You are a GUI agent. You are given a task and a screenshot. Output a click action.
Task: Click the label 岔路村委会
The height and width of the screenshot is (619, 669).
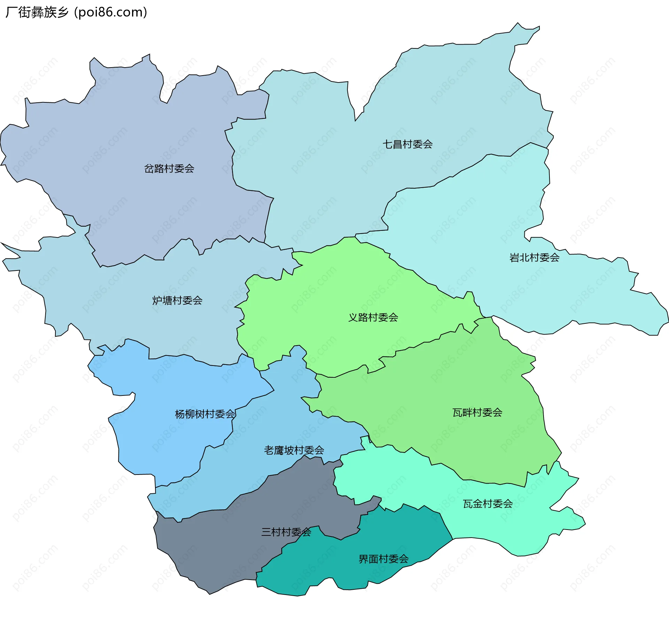tap(169, 169)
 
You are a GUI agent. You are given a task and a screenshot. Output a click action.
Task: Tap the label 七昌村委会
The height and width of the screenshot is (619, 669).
tap(407, 144)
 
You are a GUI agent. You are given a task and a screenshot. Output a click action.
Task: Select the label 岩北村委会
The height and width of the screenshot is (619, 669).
tap(534, 258)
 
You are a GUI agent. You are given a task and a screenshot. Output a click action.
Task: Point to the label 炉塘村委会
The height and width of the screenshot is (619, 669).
tap(177, 300)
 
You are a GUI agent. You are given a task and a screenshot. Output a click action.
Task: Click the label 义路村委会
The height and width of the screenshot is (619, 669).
tap(373, 318)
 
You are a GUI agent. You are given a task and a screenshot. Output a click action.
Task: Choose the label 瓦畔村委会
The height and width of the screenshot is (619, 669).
tap(477, 413)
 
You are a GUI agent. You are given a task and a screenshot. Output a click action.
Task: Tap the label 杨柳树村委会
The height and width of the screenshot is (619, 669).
tap(205, 414)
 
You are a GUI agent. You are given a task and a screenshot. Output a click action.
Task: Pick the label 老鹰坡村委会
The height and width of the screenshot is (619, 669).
tap(294, 450)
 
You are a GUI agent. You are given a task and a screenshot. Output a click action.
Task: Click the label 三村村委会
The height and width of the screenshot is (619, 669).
tap(286, 532)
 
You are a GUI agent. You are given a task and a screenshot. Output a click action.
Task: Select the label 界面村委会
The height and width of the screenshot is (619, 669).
tap(383, 559)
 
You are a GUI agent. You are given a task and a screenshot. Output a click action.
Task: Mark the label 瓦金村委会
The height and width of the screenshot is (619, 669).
tap(487, 504)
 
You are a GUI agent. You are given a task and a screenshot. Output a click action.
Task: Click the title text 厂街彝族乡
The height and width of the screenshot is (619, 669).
tap(37, 12)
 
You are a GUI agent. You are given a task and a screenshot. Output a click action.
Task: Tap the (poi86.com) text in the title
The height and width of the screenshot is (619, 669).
tap(111, 12)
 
